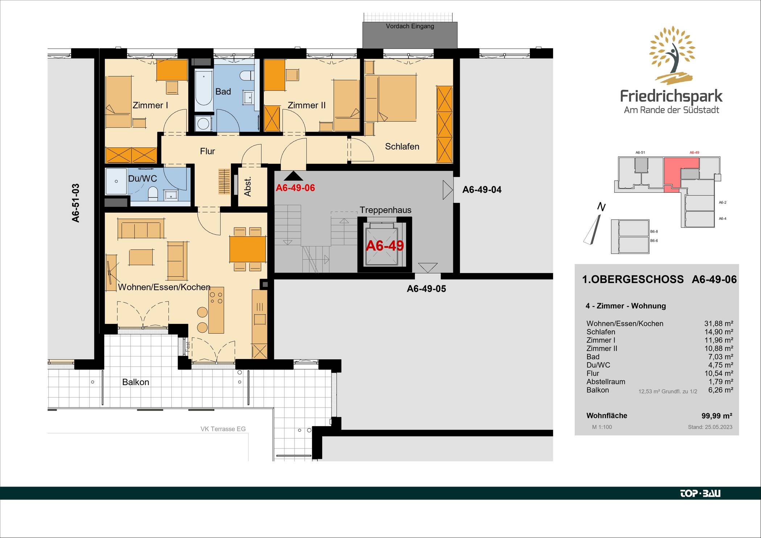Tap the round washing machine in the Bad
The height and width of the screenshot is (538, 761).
pos(203,124)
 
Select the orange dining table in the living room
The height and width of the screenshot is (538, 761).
pos(248,249)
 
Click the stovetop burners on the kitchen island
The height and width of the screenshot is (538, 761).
pos(216,297)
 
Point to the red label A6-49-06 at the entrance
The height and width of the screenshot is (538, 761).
pos(295,188)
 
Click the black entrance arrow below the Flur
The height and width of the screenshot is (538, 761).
pos(294,176)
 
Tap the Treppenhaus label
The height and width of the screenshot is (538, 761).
pos(385,210)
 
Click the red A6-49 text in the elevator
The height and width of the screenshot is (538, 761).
pos(385,246)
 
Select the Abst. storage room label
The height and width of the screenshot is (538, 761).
pos(248,187)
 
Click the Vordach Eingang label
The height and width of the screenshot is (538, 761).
pos(410,26)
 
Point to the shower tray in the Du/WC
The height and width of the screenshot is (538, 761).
pos(116,181)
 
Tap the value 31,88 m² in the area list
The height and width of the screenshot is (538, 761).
pos(718,324)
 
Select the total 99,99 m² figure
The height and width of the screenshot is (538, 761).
pos(717,416)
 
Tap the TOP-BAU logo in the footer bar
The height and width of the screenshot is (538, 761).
pos(700,493)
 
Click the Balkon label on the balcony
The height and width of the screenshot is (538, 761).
pos(136,382)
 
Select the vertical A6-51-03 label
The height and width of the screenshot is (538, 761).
pos(75,203)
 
